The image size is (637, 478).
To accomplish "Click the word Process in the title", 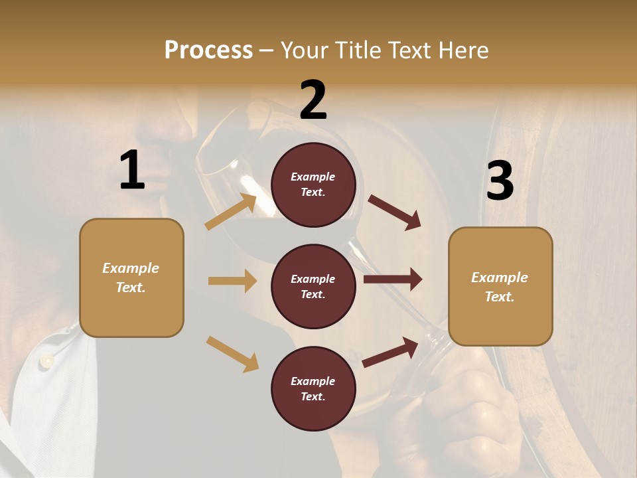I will click(x=208, y=50).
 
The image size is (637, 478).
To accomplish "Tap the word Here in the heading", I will click(x=462, y=50).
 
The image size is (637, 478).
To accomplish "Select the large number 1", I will click(x=132, y=171).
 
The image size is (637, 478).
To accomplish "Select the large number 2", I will click(x=313, y=100).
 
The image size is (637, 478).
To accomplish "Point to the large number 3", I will click(x=500, y=181).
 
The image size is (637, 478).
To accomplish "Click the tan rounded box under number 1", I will click(x=131, y=278).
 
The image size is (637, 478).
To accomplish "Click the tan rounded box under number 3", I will click(x=500, y=287).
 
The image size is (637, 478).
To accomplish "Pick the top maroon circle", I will click(x=313, y=185).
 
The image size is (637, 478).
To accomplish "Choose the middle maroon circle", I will click(x=313, y=287).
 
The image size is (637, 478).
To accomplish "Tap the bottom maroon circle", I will click(x=313, y=389).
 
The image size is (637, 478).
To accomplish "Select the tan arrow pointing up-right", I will click(x=231, y=212).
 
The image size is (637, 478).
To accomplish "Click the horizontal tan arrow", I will click(x=232, y=281).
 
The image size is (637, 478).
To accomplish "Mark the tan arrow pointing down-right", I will click(x=232, y=354).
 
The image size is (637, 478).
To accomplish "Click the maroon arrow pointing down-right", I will click(x=395, y=212).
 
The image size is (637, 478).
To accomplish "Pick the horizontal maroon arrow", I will click(x=393, y=279).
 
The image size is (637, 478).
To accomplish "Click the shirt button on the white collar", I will click(x=46, y=360).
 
